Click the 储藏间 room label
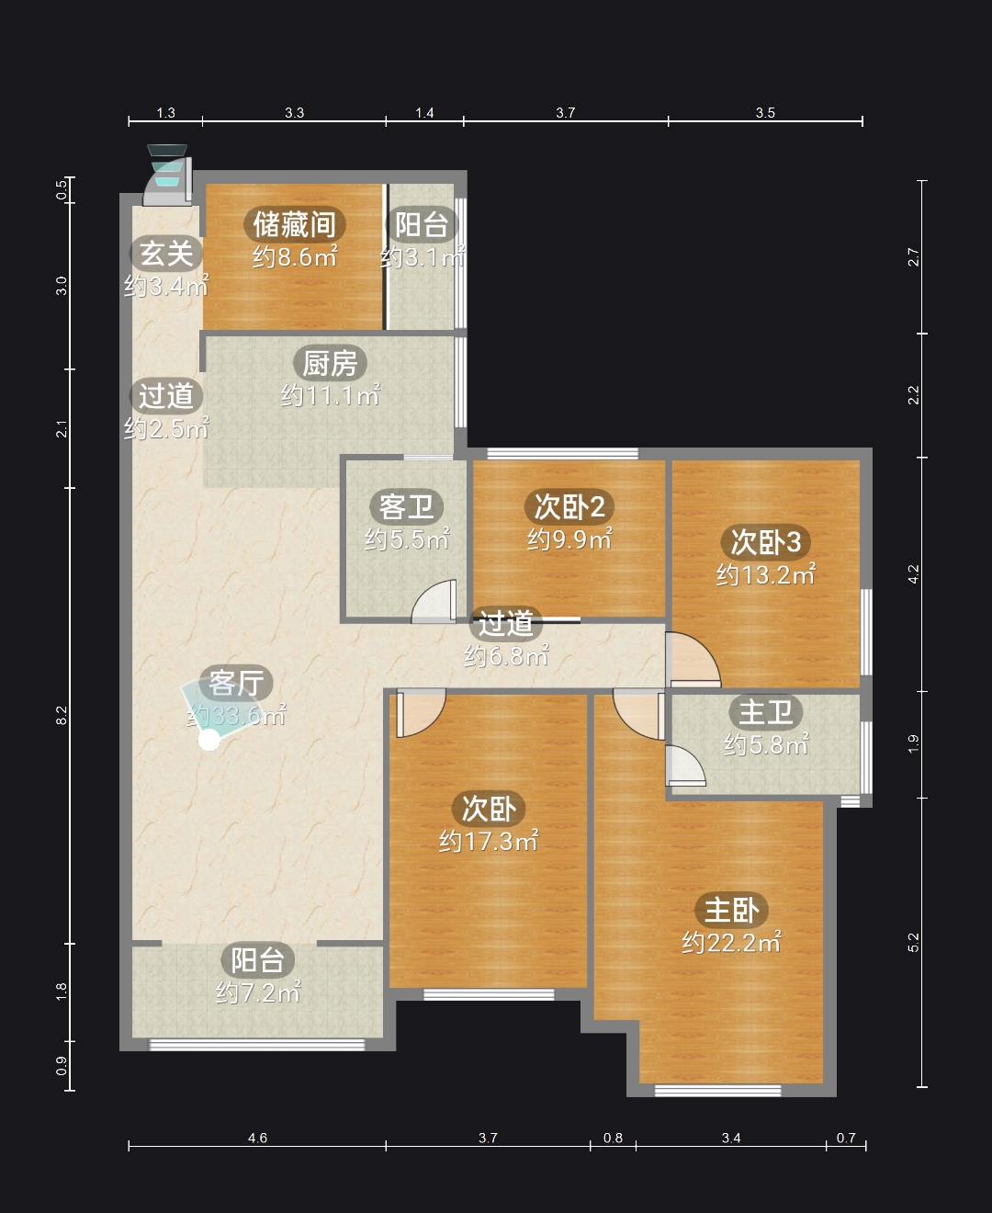[x=295, y=224]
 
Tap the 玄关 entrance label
[x=166, y=253]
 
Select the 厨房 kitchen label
[x=330, y=364]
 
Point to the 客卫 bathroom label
[x=406, y=506]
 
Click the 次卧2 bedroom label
[x=569, y=506]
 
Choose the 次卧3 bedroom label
[x=765, y=542]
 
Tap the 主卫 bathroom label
[x=765, y=712]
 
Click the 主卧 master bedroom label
[x=731, y=910]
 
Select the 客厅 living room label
[x=236, y=683]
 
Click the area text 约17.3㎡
[x=489, y=841]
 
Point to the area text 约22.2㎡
[x=731, y=942]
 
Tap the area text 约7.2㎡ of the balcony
[x=258, y=992]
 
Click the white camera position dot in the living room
[x=209, y=741]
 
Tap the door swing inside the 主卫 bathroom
[x=685, y=765]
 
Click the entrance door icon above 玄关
[x=167, y=175]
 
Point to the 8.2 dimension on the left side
[x=62, y=715]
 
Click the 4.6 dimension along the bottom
[x=257, y=1138]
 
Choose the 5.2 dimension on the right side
[x=913, y=942]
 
